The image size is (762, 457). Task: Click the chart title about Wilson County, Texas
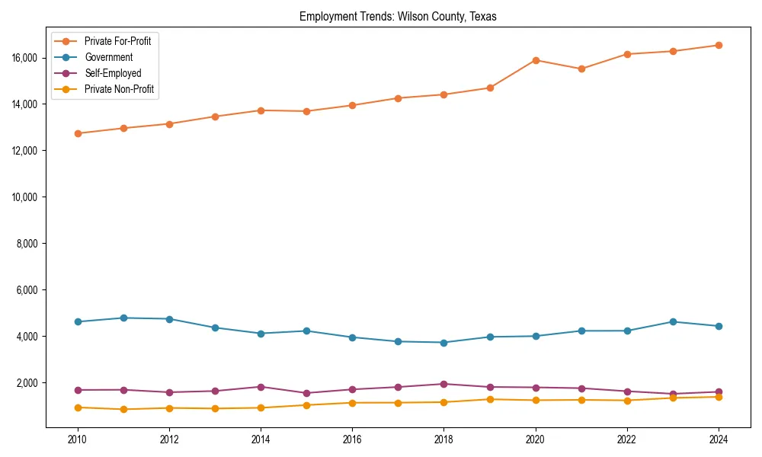pos(398,16)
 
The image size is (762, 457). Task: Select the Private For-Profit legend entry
pos(117,41)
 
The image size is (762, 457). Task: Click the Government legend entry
pos(108,57)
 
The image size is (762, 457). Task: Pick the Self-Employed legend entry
pos(113,73)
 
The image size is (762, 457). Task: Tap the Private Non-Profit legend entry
pos(119,89)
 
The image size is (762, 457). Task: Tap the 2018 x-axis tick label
pos(443,439)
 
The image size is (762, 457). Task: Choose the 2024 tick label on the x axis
pos(719,439)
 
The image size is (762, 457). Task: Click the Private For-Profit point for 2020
pos(536,60)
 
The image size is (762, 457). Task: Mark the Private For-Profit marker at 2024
pos(719,45)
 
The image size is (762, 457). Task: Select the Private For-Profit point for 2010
pos(77,133)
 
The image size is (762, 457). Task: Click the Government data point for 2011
pos(123,318)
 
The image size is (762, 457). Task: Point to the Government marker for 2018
pos(443,342)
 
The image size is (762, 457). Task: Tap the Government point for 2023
pos(673,321)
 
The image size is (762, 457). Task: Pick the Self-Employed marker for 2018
pos(443,384)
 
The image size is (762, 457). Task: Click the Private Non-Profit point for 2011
pos(123,409)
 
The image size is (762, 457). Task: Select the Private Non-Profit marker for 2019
pos(490,399)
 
